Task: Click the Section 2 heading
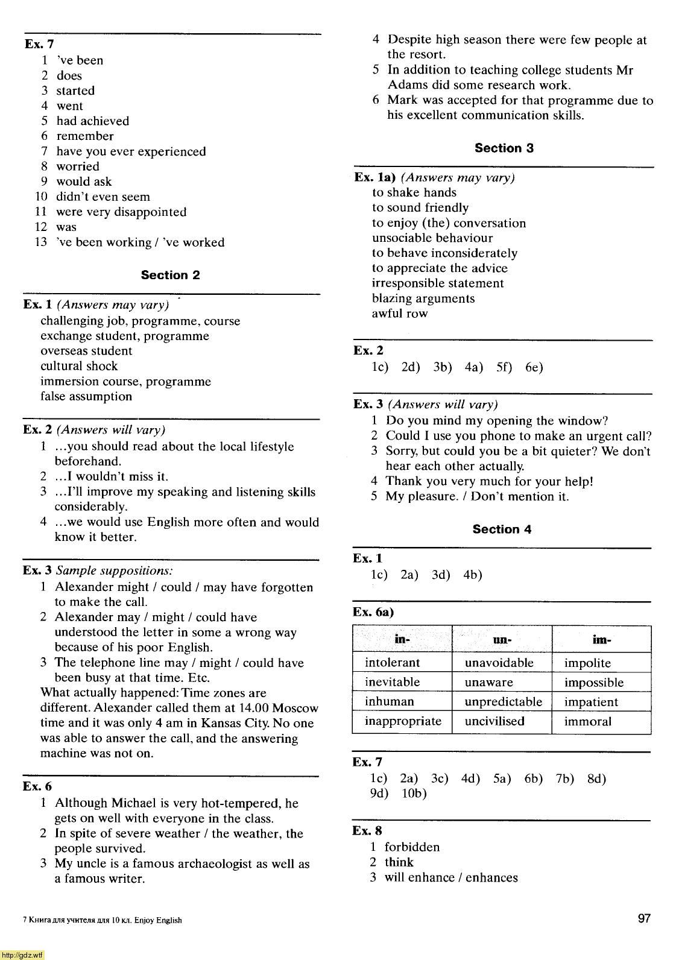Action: (x=170, y=275)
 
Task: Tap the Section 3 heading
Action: (x=504, y=148)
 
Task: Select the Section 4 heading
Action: (x=502, y=529)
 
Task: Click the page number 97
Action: (x=644, y=918)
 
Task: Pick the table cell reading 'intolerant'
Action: (x=392, y=663)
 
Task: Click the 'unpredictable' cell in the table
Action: (x=503, y=702)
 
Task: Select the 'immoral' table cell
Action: (x=587, y=722)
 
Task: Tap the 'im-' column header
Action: (x=601, y=640)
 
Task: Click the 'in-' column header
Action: (x=402, y=640)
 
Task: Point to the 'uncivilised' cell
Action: (x=494, y=721)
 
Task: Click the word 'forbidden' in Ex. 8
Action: (x=412, y=847)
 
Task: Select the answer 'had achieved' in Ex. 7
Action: (x=92, y=121)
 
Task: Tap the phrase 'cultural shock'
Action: (x=79, y=366)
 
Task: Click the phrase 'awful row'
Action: (x=399, y=314)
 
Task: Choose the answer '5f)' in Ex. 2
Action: (x=504, y=367)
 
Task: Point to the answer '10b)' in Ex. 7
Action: (x=414, y=794)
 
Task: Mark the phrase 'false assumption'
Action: (x=86, y=397)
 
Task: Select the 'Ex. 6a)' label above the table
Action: (x=373, y=613)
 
